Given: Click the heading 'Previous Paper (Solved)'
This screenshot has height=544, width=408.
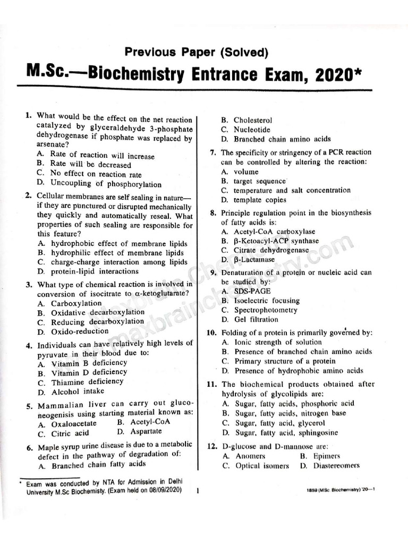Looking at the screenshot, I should (196, 52).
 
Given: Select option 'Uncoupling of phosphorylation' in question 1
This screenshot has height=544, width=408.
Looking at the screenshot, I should (106, 184).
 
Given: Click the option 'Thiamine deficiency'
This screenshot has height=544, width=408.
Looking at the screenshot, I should (87, 382).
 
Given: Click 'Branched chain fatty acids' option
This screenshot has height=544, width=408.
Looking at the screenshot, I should (98, 465).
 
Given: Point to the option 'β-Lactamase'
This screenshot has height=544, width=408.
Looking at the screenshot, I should (254, 260).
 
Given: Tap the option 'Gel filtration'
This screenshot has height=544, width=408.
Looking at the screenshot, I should (256, 319).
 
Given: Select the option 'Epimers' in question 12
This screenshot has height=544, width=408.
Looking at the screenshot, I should (327, 456).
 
